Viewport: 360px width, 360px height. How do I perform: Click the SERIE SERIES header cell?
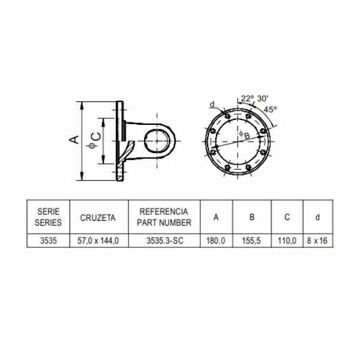pyautogui.click(x=48, y=217)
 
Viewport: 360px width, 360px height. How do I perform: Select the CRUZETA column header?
pyautogui.click(x=98, y=218)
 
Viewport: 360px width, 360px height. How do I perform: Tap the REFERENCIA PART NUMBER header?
pyautogui.click(x=164, y=217)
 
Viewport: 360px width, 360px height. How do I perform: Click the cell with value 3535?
pyautogui.click(x=48, y=241)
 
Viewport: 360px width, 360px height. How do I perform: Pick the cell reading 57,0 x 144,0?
pyautogui.click(x=98, y=241)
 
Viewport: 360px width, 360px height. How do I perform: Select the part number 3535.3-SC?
pyautogui.click(x=165, y=241)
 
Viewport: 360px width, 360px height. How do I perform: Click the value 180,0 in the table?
pyautogui.click(x=215, y=241)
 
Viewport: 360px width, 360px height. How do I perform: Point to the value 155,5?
pyautogui.click(x=251, y=241)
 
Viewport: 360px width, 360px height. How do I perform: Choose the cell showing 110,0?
pyautogui.click(x=287, y=241)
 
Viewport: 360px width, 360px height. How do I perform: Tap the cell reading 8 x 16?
pyautogui.click(x=317, y=241)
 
